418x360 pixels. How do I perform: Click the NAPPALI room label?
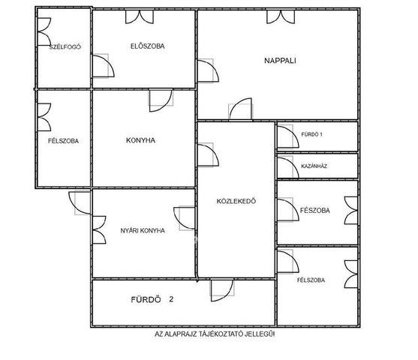280,61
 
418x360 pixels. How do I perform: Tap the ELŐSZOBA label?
147,46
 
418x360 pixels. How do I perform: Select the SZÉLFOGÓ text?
65,47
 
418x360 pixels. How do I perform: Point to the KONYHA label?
140,140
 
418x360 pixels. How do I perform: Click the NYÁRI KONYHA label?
143,230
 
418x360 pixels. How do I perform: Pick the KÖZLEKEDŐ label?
236,201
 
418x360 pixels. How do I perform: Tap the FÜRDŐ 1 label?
311,134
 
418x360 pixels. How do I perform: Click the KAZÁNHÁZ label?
314,166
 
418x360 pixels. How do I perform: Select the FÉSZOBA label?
315,210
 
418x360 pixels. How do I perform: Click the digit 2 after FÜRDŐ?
171,299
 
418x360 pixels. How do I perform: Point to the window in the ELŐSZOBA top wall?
140,16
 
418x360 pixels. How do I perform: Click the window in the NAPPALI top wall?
281,16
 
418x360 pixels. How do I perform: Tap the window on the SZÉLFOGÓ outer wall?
44,31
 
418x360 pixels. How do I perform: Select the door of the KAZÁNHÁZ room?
288,167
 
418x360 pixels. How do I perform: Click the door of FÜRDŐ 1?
288,136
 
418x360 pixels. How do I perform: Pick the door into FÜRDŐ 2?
222,290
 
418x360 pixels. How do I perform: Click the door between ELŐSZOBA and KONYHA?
161,100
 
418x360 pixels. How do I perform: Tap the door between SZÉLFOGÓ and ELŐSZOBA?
103,66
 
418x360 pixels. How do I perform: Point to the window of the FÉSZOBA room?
350,211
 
